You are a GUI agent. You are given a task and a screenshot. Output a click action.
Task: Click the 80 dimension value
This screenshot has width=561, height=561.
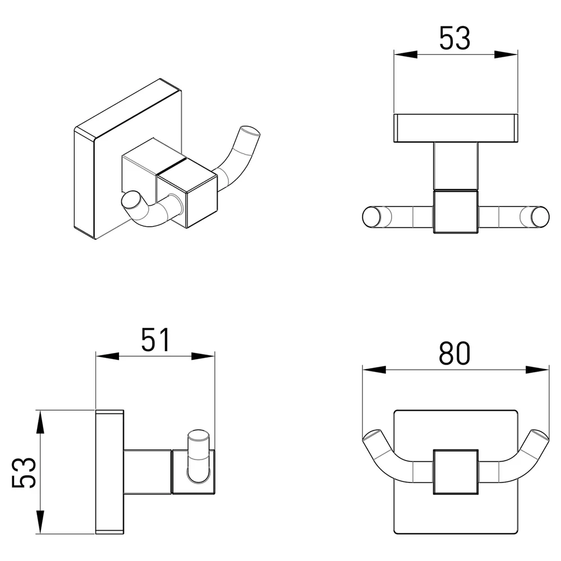coord(454,353)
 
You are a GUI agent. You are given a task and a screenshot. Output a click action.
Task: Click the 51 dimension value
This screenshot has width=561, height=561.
coord(155,339)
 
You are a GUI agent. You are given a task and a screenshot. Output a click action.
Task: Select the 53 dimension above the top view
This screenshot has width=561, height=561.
coord(455,38)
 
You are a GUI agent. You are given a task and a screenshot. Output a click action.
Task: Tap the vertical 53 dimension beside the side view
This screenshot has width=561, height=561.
coord(24,472)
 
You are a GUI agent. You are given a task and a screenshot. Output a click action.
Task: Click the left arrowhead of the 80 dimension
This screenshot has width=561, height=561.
coord(374,370)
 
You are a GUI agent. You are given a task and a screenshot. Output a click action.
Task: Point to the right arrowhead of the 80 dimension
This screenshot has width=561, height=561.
coord(537,370)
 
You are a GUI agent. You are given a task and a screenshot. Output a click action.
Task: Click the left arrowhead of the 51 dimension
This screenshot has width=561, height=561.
coord(107,356)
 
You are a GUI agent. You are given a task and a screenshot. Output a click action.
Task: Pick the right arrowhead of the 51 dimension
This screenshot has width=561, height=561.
coord(203,356)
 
